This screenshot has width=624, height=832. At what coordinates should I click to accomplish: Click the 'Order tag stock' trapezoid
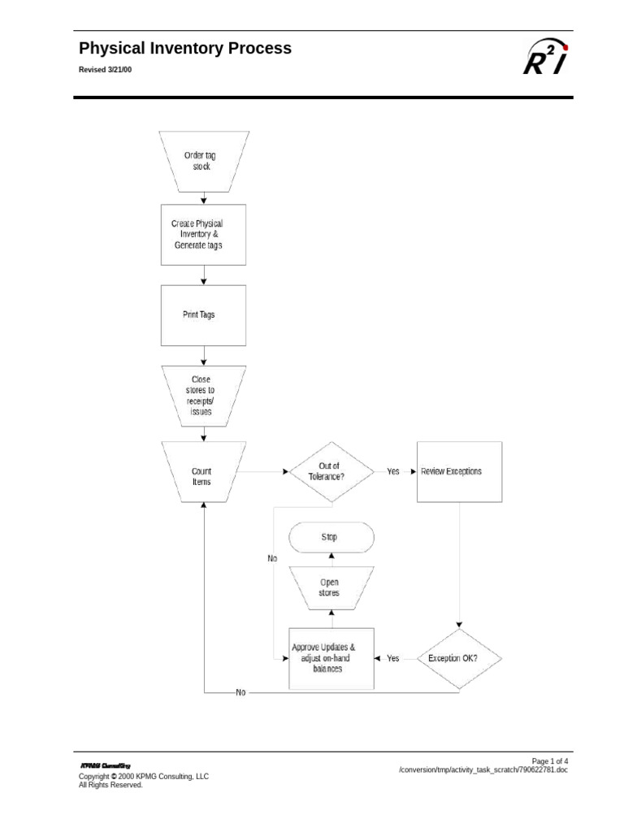click(204, 160)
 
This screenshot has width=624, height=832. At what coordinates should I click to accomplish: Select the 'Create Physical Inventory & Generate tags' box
click(204, 234)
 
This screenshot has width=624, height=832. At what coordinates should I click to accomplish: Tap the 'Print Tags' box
click(204, 314)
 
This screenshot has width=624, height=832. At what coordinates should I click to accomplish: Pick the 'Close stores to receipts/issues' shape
click(204, 395)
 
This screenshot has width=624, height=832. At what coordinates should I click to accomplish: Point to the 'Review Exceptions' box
click(459, 471)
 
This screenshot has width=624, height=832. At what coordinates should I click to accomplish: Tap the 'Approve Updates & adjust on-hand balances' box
click(331, 658)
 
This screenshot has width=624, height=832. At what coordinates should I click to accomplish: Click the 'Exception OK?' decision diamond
click(459, 658)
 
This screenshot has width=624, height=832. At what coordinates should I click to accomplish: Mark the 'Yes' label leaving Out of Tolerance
click(393, 471)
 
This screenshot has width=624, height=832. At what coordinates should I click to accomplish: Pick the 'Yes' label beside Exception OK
click(393, 658)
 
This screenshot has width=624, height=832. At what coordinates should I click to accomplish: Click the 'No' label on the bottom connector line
click(240, 692)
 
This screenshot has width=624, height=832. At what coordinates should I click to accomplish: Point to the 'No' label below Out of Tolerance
click(272, 558)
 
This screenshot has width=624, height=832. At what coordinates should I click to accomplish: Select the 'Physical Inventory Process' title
click(185, 49)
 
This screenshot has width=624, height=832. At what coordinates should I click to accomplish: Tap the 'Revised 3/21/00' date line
click(105, 71)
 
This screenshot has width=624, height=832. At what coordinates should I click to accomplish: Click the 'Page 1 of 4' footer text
click(550, 760)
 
